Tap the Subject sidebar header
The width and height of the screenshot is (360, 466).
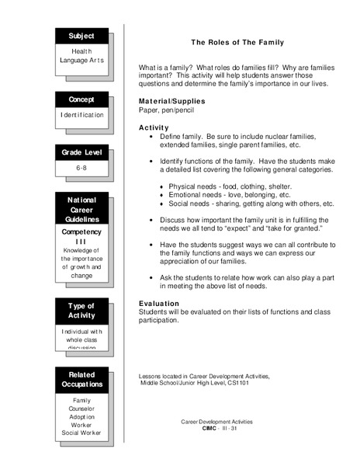(x=81, y=36)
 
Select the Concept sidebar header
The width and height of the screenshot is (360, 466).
(x=81, y=99)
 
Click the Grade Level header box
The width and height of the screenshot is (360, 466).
(x=81, y=152)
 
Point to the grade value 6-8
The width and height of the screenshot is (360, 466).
(x=81, y=168)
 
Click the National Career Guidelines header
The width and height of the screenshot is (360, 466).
(x=81, y=210)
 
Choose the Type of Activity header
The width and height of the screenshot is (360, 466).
(x=81, y=311)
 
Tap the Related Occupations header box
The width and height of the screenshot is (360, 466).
(x=81, y=379)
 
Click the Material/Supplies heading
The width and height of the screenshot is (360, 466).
(x=171, y=102)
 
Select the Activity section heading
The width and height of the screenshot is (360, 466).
(x=154, y=127)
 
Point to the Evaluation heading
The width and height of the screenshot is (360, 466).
(x=159, y=303)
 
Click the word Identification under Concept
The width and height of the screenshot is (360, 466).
(x=81, y=115)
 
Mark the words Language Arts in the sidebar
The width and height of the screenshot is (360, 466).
(x=81, y=60)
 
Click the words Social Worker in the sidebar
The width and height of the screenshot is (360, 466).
(x=81, y=432)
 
